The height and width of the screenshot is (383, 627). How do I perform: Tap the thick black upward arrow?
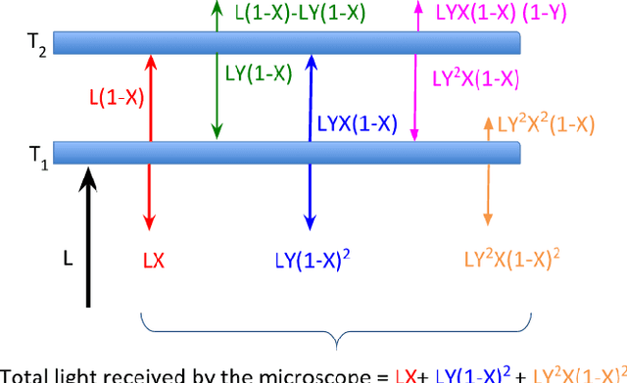[x=88, y=235]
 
